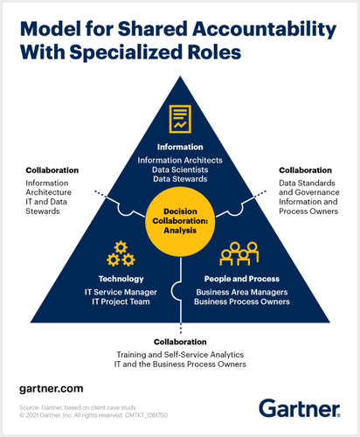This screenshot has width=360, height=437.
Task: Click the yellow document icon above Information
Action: pos(180,119)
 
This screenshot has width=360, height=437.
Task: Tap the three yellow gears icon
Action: pos(121,253)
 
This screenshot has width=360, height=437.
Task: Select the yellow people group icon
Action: pos(239,253)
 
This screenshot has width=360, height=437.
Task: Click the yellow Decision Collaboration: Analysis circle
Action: pos(180,221)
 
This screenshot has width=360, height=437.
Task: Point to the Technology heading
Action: pos(121,279)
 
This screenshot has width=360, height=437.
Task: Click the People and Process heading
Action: pos(242,279)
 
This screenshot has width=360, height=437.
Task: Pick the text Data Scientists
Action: pos(180,170)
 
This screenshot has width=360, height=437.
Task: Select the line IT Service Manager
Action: pos(121,292)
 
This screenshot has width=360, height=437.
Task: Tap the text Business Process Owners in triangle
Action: pos(242,302)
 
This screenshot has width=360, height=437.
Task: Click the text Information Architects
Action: pos(180,160)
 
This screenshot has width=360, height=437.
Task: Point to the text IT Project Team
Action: pos(121,302)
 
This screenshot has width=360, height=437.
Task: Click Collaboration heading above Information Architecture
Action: pos(52,170)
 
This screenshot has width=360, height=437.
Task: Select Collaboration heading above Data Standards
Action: pos(305,170)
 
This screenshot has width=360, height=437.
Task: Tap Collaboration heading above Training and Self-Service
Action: pos(180,342)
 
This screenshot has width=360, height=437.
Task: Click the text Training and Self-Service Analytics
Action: pos(180,355)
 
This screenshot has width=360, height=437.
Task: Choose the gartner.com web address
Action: pos(52,389)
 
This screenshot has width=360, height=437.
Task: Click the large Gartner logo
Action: pos(300,408)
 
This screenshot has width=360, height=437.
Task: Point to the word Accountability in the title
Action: pos(265,30)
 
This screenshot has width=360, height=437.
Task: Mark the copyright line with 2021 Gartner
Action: pos(93,415)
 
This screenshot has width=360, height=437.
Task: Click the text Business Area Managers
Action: pos(242,292)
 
